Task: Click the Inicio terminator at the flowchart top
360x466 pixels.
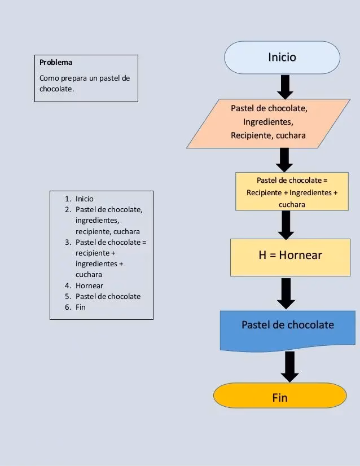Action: (x=282, y=58)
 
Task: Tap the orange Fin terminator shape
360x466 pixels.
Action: (x=280, y=397)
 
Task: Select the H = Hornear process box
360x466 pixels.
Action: (x=289, y=256)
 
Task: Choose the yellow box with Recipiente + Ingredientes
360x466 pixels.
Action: (x=292, y=192)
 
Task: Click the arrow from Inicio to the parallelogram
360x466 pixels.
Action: (x=285, y=86)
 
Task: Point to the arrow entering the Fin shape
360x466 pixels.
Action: (x=289, y=367)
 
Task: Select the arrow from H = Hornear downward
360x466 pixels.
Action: (x=287, y=292)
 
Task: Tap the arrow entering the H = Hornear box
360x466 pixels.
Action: (x=286, y=225)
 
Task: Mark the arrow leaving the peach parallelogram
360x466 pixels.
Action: (x=284, y=159)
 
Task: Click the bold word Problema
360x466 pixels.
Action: (x=55, y=63)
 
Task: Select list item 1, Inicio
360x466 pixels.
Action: (x=85, y=199)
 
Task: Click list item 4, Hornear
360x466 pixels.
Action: (x=89, y=285)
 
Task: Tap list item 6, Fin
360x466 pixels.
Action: (x=81, y=307)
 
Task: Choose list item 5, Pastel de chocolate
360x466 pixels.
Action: (x=108, y=296)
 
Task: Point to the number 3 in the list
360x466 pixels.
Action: (x=67, y=242)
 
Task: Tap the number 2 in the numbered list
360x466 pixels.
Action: (x=67, y=209)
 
